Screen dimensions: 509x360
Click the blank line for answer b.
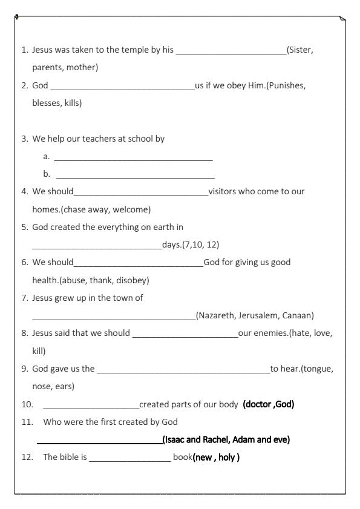135,177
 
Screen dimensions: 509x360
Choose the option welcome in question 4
133,210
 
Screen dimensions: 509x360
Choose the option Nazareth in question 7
216,315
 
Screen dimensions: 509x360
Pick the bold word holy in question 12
228,456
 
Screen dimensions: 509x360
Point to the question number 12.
26,456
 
